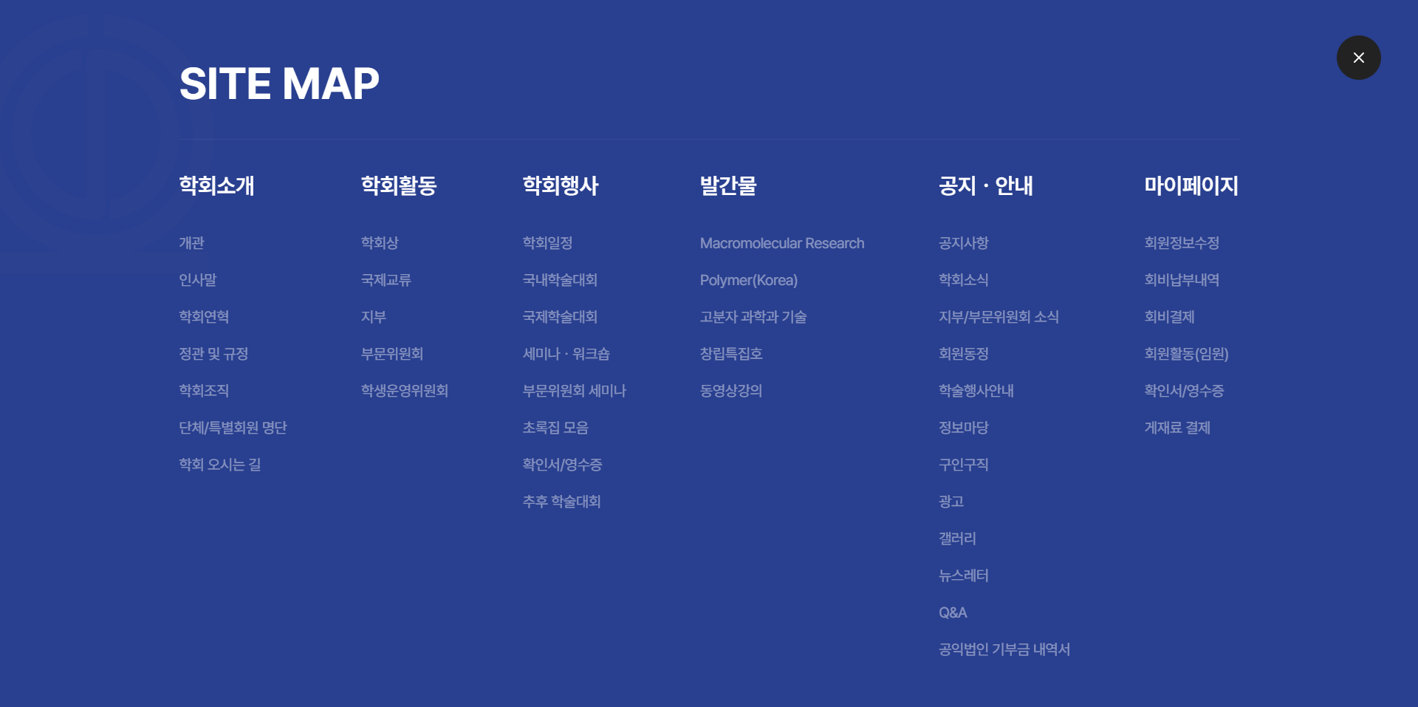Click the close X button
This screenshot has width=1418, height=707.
coord(1358,58)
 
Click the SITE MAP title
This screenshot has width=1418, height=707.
coord(279,83)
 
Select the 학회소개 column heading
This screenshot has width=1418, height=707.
coord(216,185)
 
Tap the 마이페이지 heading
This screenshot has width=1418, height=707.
coord(1191,185)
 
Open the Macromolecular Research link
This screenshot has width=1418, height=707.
coord(782,243)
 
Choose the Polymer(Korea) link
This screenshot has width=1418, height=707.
coord(749,280)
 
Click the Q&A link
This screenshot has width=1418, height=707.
coord(953,612)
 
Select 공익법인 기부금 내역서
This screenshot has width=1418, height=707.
coord(1004,649)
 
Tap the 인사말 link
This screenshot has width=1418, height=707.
coord(198,280)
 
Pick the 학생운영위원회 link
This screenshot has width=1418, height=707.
coord(405,391)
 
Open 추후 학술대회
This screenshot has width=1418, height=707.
coord(561,502)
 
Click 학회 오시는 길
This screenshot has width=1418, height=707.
coord(220,465)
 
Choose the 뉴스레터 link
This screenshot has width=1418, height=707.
coord(963,575)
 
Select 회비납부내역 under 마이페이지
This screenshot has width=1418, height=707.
coord(1182,280)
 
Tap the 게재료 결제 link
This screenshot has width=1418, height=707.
coord(1177,428)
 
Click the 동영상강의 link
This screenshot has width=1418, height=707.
coord(731,391)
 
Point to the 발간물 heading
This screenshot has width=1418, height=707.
coord(728,185)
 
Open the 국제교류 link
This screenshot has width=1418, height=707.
coord(386,280)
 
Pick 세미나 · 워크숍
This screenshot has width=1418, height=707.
coord(566,354)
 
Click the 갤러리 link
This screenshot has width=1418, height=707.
coord(957,539)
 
